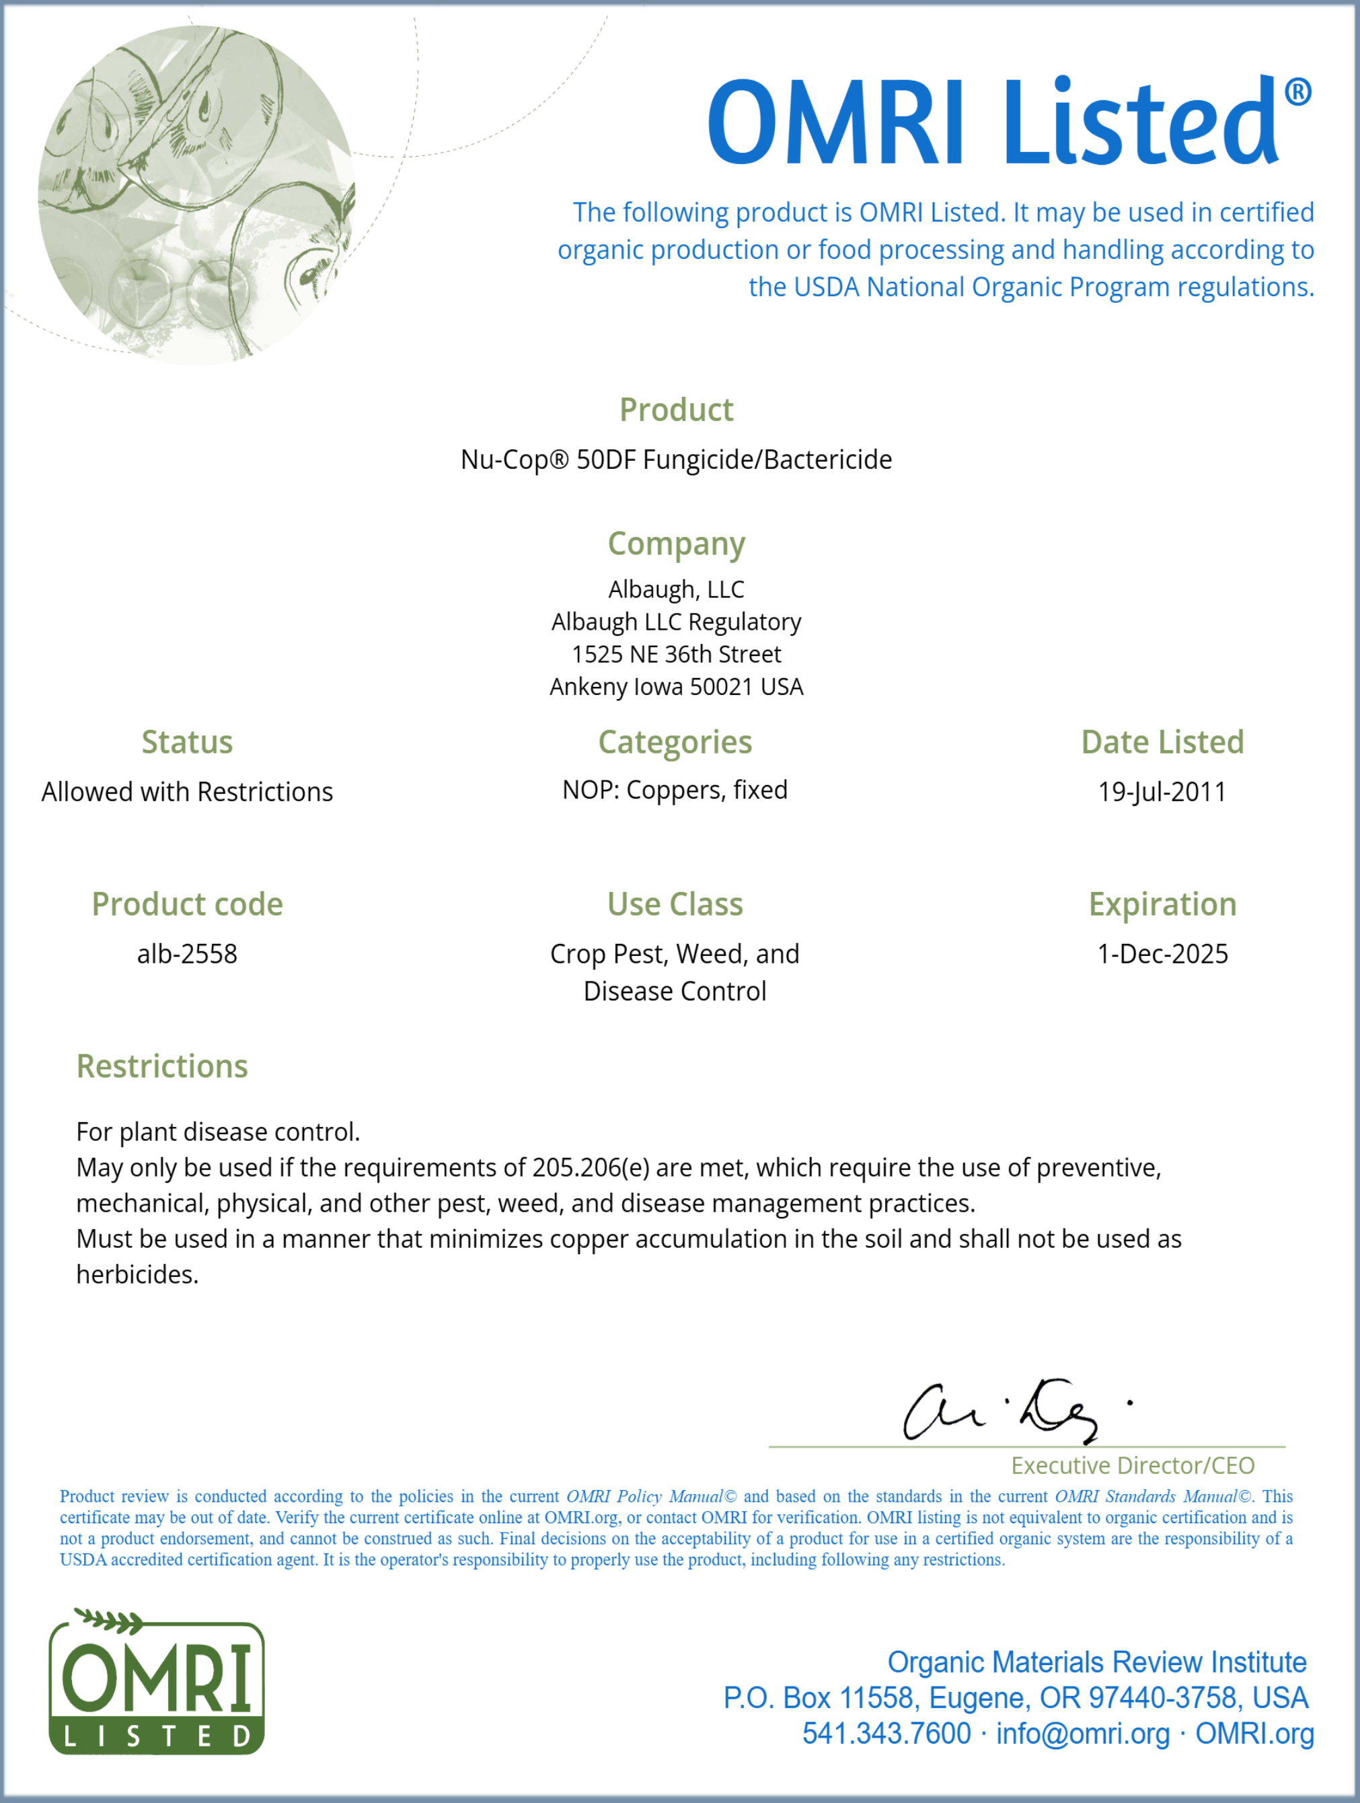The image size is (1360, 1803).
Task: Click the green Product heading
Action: (677, 410)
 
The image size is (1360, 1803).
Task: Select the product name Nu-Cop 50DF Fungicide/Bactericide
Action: (677, 459)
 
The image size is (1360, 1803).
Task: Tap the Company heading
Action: (677, 544)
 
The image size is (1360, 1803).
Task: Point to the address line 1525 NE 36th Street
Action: (677, 655)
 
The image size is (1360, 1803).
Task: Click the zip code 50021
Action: (720, 687)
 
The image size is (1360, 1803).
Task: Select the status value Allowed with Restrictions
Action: (188, 791)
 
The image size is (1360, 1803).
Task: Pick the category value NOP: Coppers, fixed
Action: (675, 790)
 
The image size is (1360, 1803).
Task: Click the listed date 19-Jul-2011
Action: (1162, 791)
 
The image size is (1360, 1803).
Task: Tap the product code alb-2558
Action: (188, 954)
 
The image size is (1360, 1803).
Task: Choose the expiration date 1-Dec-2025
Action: (1162, 954)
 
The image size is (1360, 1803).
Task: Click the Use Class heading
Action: (675, 905)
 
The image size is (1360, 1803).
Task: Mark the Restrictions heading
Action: (162, 1066)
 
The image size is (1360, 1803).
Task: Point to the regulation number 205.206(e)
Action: (590, 1168)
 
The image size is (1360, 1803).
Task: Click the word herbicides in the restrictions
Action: (137, 1275)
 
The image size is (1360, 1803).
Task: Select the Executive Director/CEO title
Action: (1133, 1465)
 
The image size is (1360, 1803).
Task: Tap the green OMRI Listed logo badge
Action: (157, 1683)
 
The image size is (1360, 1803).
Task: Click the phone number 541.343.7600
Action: (886, 1734)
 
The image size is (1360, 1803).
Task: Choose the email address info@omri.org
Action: (1082, 1734)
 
